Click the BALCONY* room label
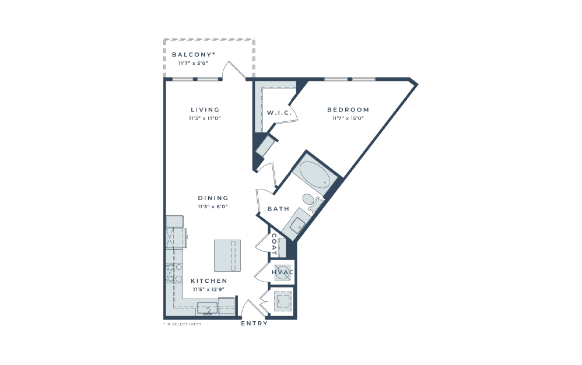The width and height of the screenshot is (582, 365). [194, 55]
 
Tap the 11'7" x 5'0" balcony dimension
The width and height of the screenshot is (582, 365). [194, 63]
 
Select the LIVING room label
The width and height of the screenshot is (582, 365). [205, 110]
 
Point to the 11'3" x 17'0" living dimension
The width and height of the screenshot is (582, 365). [205, 118]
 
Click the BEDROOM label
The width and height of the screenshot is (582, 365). [348, 110]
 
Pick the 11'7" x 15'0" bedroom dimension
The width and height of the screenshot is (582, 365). [348, 118]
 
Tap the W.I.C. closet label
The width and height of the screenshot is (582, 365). [279, 113]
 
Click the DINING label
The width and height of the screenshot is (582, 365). [213, 198]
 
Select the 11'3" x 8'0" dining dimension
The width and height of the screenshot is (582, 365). [213, 206]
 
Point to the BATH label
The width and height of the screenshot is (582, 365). [278, 209]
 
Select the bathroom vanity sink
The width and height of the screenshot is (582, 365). [297, 224]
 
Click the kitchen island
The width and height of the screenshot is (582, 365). [227, 255]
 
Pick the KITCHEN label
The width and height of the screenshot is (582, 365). [209, 281]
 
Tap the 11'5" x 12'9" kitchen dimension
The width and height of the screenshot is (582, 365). [209, 289]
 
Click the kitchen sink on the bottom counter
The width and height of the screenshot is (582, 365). [208, 309]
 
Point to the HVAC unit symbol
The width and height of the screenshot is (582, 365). [282, 272]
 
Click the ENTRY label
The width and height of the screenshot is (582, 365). [254, 324]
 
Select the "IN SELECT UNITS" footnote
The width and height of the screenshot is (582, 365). [183, 324]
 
